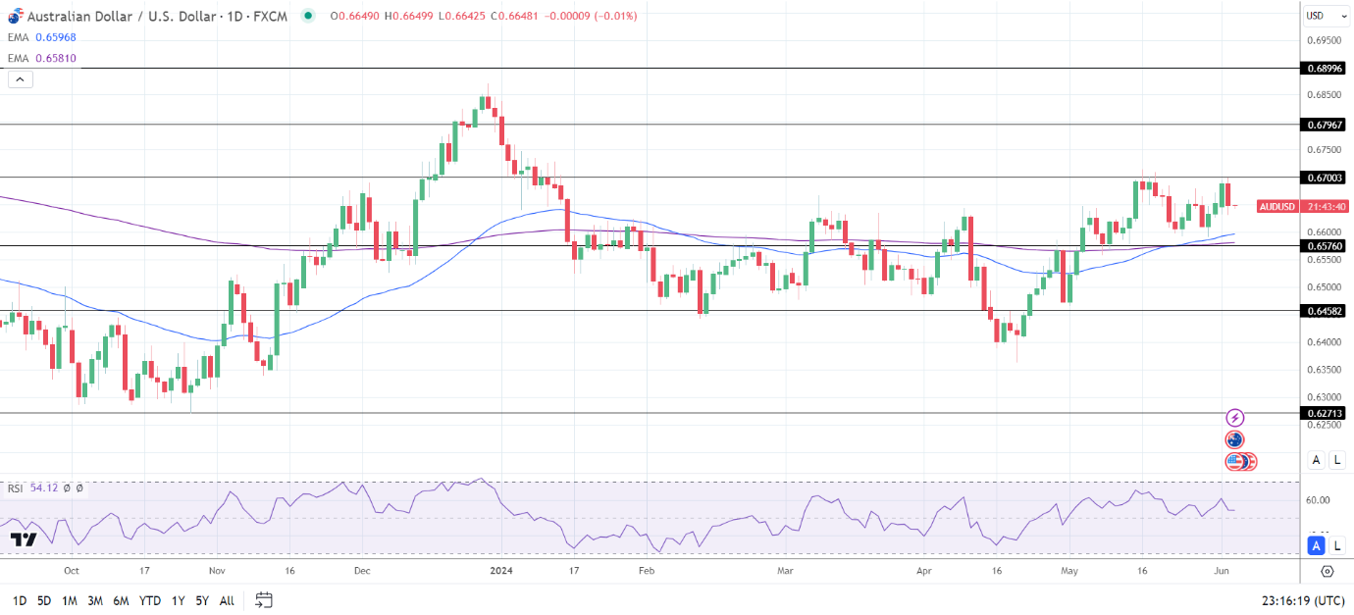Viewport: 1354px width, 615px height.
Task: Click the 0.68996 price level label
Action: pyautogui.click(x=1325, y=69)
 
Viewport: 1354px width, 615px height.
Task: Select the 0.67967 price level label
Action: pyautogui.click(x=1325, y=125)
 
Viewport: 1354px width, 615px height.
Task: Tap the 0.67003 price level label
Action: pyautogui.click(x=1325, y=178)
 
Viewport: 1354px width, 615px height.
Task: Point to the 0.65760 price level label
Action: pyautogui.click(x=1325, y=245)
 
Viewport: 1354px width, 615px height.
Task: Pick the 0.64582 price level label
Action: pyautogui.click(x=1325, y=310)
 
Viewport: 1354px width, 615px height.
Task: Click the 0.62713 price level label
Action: pyautogui.click(x=1325, y=413)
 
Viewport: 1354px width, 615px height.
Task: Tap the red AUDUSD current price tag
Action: pyautogui.click(x=1277, y=207)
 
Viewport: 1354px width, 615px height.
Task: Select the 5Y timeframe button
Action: pyautogui.click(x=201, y=600)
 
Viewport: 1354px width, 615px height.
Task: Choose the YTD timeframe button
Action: pyautogui.click(x=150, y=600)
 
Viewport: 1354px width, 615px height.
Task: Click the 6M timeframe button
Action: pyautogui.click(x=121, y=600)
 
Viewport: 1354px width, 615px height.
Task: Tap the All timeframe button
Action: pyautogui.click(x=227, y=600)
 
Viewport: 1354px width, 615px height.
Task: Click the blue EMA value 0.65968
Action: pyautogui.click(x=55, y=37)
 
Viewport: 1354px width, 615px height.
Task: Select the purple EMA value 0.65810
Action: pyautogui.click(x=55, y=58)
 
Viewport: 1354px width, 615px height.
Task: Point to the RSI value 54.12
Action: pyautogui.click(x=44, y=487)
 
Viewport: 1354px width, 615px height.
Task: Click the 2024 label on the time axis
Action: pyautogui.click(x=501, y=570)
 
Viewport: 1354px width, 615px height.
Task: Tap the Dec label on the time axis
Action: pyautogui.click(x=362, y=570)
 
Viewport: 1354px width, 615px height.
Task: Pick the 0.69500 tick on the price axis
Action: pyautogui.click(x=1324, y=40)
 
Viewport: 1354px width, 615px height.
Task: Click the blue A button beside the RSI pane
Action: pyautogui.click(x=1317, y=545)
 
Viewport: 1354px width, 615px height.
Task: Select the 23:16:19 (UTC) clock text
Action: pyautogui.click(x=1303, y=600)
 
